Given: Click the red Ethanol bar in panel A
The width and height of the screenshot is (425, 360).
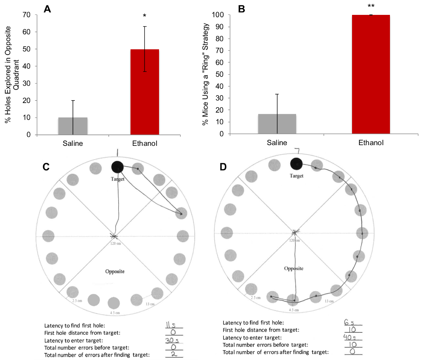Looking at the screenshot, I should [144, 92].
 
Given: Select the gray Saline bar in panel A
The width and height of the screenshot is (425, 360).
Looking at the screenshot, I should [73, 126].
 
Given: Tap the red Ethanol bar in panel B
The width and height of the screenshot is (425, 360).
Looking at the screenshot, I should [370, 74].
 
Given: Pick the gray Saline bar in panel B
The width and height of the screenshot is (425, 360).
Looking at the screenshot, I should [277, 124].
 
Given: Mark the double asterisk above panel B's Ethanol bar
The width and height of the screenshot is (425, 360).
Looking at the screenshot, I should [371, 6].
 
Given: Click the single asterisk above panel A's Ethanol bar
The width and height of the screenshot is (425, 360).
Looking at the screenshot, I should [144, 16].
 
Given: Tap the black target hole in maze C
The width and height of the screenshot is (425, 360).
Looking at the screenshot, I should [117, 167].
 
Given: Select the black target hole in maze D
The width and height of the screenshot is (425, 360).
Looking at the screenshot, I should [296, 164].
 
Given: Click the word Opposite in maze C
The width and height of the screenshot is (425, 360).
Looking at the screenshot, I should [115, 272].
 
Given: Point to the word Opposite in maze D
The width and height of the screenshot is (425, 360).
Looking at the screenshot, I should [294, 268].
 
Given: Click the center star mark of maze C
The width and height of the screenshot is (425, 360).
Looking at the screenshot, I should [114, 236].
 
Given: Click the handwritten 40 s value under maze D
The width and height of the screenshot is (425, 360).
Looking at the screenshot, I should [350, 337].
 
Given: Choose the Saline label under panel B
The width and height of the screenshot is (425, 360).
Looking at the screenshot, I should [277, 143].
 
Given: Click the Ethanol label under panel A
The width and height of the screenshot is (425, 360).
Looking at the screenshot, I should [144, 143].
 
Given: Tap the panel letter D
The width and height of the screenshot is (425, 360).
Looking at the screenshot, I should [223, 166].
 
